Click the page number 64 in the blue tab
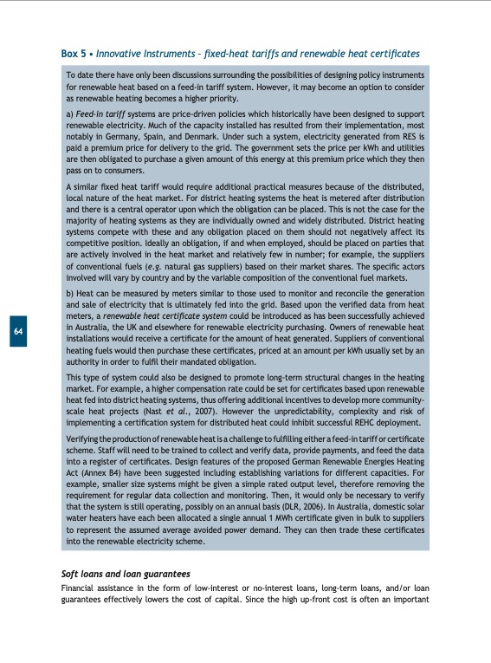[18, 331]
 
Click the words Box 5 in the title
[74, 54]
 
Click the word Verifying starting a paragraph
[85, 440]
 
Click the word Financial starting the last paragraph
[79, 588]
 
